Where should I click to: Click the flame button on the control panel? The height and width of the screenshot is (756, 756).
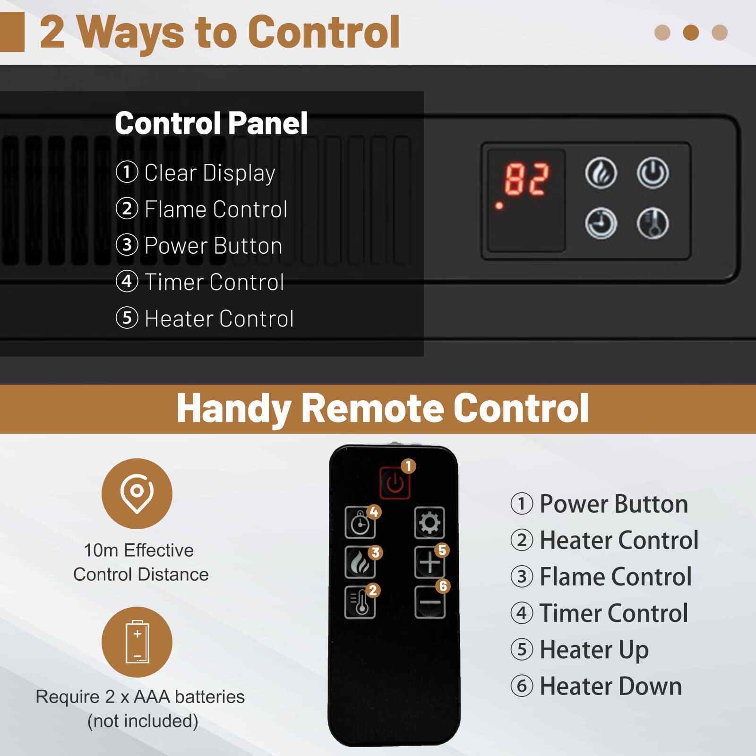click(601, 173)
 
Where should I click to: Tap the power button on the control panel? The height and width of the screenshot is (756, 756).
click(653, 173)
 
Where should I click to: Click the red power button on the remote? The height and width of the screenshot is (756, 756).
click(395, 482)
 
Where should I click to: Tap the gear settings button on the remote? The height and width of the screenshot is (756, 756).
click(430, 523)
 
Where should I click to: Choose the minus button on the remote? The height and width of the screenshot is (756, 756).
click(430, 602)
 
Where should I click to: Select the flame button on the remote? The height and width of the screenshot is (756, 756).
click(360, 562)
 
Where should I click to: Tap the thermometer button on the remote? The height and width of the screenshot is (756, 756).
click(360, 602)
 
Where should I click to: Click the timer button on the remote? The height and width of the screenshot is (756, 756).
click(360, 523)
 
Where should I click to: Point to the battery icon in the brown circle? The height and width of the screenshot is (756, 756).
click(137, 642)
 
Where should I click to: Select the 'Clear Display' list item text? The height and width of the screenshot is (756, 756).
click(210, 173)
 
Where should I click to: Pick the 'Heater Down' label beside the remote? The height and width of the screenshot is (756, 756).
click(610, 686)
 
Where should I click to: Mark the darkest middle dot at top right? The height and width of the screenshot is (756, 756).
click(691, 33)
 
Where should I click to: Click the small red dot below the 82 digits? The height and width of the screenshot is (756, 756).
click(499, 206)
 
